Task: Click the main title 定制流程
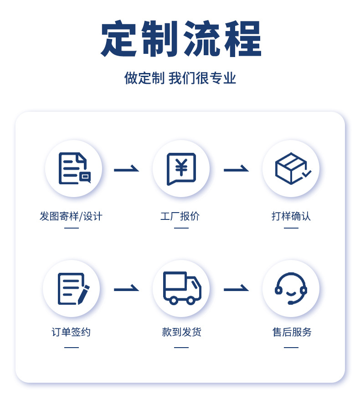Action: [x=181, y=39]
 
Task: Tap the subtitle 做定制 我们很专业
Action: [x=180, y=78]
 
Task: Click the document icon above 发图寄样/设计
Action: [x=74, y=168]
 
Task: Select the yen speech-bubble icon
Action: [x=181, y=168]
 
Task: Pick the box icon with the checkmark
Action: [x=291, y=168]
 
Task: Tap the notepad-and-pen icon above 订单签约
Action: [x=72, y=288]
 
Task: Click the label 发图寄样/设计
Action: [x=71, y=216]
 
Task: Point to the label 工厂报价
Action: [x=180, y=216]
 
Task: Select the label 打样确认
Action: [x=291, y=216]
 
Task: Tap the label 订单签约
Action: [x=71, y=332]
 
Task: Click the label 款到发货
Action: [x=181, y=332]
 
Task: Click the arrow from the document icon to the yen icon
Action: [x=126, y=170]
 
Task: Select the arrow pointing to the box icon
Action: [x=236, y=170]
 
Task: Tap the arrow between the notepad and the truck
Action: [x=126, y=289]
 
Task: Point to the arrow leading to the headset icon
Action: [x=236, y=289]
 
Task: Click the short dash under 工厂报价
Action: [x=181, y=228]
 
